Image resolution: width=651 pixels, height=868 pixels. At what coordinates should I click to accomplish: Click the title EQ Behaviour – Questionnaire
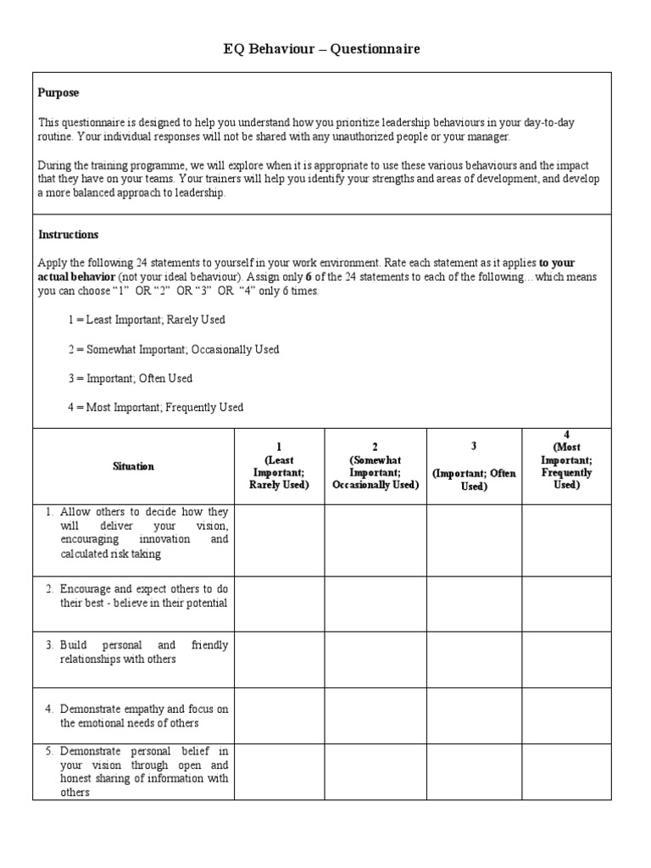(321, 50)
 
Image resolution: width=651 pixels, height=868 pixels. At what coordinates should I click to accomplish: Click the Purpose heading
(58, 92)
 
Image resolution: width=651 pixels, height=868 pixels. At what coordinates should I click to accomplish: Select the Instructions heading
(69, 235)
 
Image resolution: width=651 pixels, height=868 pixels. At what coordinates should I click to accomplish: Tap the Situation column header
(134, 467)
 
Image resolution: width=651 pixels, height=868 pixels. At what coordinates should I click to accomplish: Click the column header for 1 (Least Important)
(279, 466)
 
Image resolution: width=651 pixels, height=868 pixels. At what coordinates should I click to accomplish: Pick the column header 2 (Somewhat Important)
(375, 466)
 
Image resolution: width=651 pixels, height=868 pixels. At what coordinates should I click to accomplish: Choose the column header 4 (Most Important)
(566, 460)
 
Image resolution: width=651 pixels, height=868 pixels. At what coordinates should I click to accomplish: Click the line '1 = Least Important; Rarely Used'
(147, 320)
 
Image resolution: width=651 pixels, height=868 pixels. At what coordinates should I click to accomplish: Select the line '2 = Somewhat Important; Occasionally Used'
(174, 349)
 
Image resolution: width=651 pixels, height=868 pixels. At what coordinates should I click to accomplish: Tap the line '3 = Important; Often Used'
(131, 379)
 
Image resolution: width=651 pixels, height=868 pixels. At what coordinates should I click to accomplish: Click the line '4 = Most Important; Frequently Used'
(156, 408)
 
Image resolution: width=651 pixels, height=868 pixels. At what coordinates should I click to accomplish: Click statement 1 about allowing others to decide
(136, 533)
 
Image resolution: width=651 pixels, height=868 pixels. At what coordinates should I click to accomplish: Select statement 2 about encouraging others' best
(136, 596)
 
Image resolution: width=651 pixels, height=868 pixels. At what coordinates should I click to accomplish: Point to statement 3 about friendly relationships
(136, 652)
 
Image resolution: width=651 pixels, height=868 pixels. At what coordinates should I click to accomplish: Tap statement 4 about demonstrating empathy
(136, 715)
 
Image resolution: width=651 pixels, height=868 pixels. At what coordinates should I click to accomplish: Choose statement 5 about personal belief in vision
(136, 771)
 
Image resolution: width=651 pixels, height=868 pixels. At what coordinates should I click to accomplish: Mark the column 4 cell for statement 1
(566, 540)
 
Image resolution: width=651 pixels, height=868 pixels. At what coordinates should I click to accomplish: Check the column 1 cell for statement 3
(279, 659)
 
